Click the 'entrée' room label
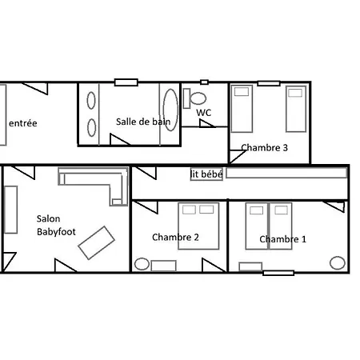[23, 123]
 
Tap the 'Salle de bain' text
[143, 122]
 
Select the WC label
[204, 113]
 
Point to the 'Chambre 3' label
[264, 148]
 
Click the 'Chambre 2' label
[175, 237]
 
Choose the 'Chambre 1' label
[282, 239]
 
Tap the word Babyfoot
[56, 232]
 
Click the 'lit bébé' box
[206, 174]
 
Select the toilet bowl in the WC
[198, 98]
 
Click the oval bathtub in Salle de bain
[170, 110]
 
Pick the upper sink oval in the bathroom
[91, 101]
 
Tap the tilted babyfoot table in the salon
[96, 243]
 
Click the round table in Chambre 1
[338, 263]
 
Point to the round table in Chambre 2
[142, 264]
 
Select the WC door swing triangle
[207, 123]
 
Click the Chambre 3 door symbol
[238, 157]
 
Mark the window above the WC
[204, 82]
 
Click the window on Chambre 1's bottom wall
[278, 273]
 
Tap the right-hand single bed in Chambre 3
[296, 109]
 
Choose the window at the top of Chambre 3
[269, 83]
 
